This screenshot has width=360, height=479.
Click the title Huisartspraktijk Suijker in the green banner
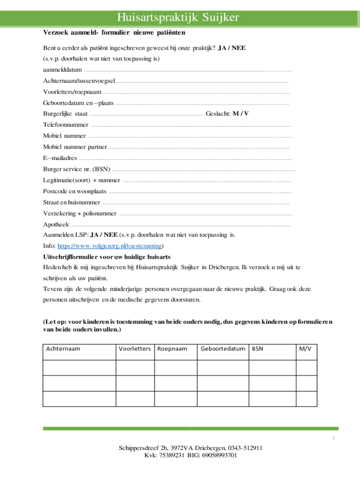[x=178, y=18]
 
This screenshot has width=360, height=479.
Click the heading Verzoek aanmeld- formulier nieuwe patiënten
[x=114, y=33]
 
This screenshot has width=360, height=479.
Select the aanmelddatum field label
[x=62, y=70]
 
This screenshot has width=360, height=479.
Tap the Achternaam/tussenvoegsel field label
[x=79, y=81]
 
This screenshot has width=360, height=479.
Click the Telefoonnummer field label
[x=65, y=125]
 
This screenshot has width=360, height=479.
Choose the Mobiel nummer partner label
[x=75, y=147]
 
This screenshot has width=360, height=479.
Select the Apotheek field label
[x=56, y=224]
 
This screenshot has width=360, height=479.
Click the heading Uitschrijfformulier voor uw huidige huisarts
[x=107, y=257]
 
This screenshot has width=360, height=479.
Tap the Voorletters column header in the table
[x=135, y=349]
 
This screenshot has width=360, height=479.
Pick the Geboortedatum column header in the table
[x=223, y=349]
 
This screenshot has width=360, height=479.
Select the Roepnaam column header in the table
[x=172, y=349]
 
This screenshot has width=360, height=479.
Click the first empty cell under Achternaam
[x=79, y=368]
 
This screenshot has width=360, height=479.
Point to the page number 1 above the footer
[x=334, y=438]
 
